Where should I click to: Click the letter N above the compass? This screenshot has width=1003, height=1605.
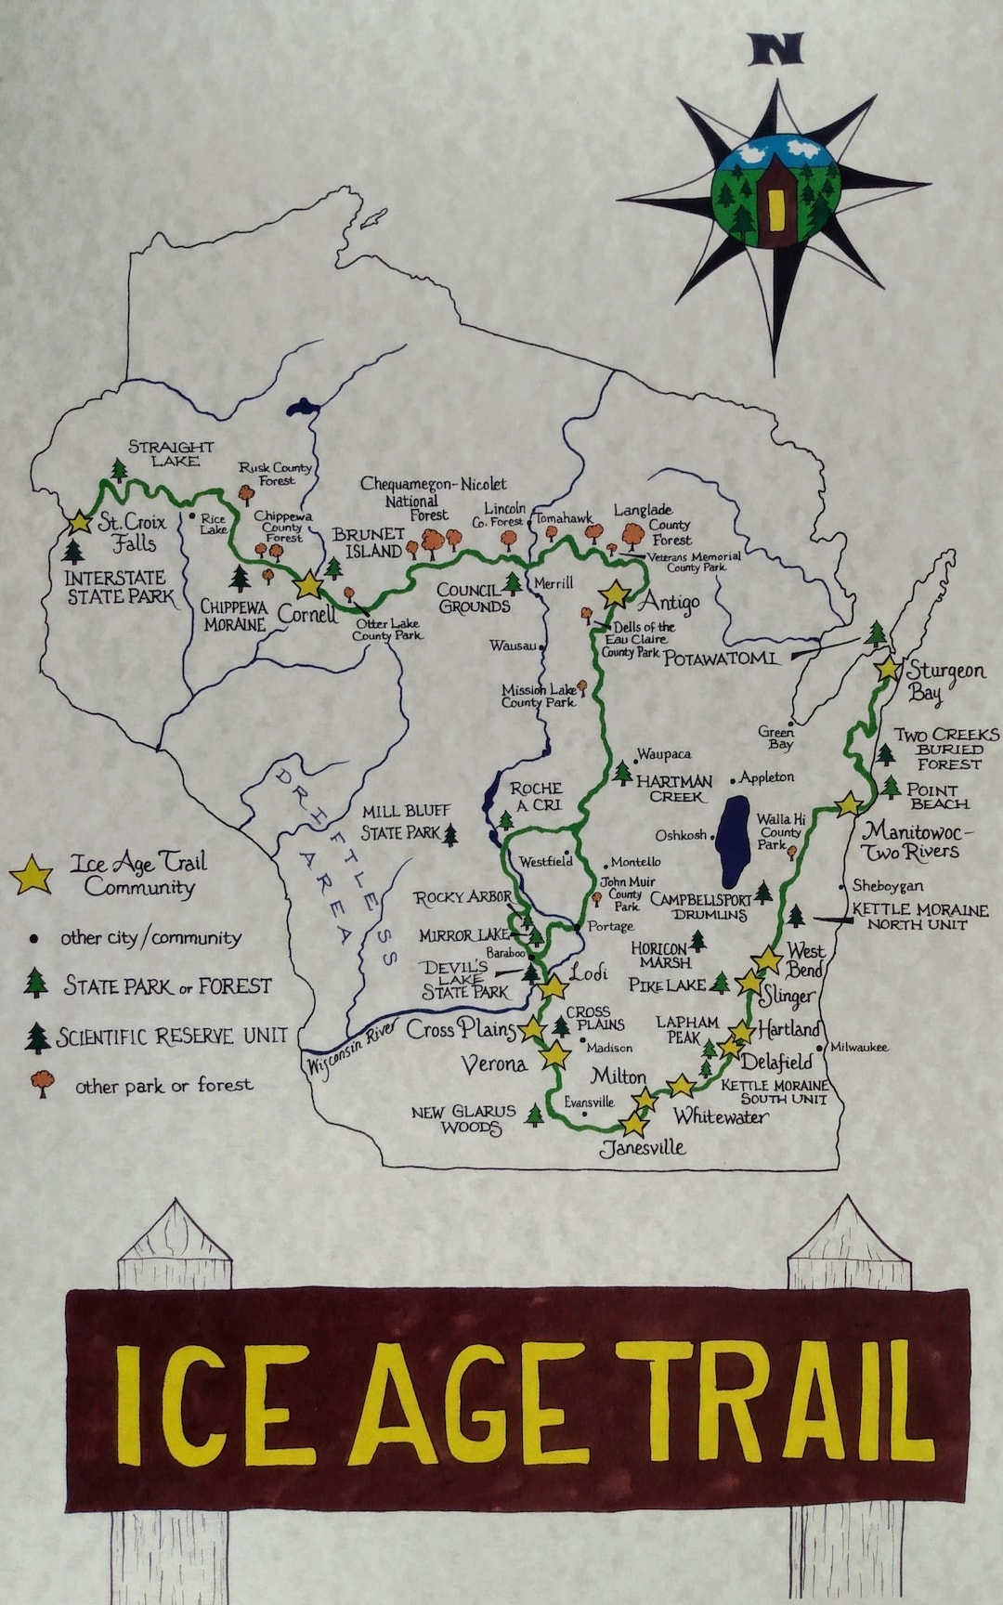point(775,50)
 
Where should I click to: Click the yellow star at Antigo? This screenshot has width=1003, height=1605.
point(615,594)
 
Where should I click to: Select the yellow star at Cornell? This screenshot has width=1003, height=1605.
point(308,584)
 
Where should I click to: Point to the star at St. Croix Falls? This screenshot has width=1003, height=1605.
point(80,523)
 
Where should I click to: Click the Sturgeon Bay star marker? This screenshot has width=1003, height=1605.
point(888,668)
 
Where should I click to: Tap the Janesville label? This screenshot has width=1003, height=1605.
point(643,1148)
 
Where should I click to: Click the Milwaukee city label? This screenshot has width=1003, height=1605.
point(859,1047)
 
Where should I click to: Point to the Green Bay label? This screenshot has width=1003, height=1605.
point(776,737)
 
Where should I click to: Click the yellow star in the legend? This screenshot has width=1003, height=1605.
point(32,875)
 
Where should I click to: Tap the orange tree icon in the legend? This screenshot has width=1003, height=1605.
point(42,1084)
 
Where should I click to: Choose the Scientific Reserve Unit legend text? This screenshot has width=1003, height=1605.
point(173,1037)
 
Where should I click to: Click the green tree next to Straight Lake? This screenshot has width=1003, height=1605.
point(118,470)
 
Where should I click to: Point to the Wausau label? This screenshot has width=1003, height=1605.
point(513,645)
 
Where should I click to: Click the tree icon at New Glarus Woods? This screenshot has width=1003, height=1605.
point(534,1115)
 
